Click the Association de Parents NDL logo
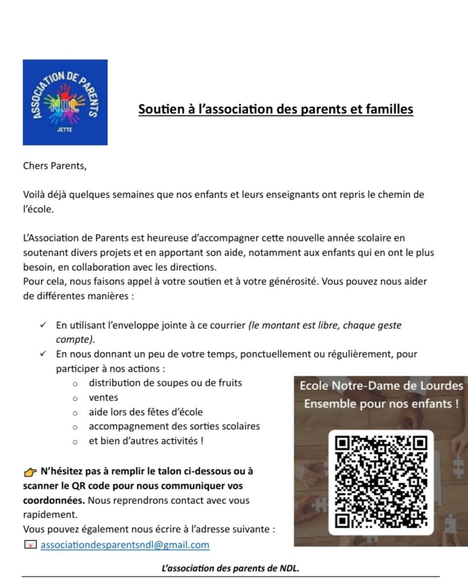pos(65,102)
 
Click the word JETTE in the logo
pos(65,130)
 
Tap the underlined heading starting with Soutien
pos(276,109)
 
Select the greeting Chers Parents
pos(56,166)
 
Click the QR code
pos(381,482)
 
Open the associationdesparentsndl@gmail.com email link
pos(125,544)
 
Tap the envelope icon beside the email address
pos(30,544)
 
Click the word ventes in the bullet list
pos(103,398)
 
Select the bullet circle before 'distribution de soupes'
pos(75,384)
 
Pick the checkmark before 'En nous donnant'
pos(43,354)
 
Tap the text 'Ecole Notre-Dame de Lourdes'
pos(381,386)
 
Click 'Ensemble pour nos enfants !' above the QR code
pos(381,405)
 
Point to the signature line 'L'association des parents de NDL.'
pos(230,568)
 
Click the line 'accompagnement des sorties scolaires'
pos(174,426)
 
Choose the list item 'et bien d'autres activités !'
pos(146,440)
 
